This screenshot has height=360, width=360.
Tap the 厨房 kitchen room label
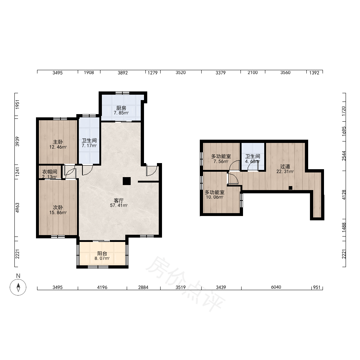pos(121,108)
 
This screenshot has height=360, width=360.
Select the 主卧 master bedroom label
pos(58,142)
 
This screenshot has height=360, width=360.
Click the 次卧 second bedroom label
pos(58,208)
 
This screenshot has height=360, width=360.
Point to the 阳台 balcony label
pos(102,253)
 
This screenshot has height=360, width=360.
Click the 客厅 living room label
pos(119,201)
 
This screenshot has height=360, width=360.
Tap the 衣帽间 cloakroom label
pos(50,172)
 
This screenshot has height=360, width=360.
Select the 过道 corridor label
pos(285,166)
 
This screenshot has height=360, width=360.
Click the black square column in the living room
pos(126,181)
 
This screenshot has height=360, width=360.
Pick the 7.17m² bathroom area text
pos(89,145)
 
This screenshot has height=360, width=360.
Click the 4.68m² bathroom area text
pos(253,161)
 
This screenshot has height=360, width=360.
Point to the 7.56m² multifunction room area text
pos(221,161)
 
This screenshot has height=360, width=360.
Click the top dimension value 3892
pos(123,73)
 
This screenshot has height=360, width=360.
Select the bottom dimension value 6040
pos(276,287)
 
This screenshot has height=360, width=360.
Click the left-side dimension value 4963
pos(17,208)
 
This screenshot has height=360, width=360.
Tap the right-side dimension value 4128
pos(344,195)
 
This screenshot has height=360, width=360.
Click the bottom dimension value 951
pos(316,287)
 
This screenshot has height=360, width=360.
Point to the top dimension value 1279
pos(152,73)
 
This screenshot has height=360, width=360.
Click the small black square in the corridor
pos(291,188)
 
